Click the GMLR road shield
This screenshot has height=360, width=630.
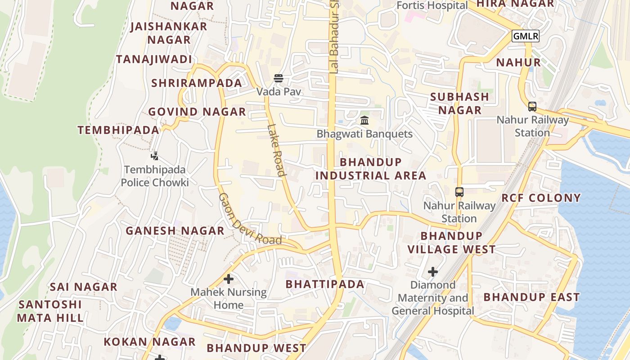pos(525,36)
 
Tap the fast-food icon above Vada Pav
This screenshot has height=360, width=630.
pos(279,78)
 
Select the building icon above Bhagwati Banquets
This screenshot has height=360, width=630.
pos(364,120)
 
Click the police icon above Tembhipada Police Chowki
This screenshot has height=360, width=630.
pos(155,156)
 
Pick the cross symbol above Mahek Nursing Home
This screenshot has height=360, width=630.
pos(229,279)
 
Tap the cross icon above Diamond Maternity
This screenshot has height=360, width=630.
pos(433,272)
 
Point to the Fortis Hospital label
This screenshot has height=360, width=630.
pos(432,5)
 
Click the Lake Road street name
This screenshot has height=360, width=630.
pos(276,150)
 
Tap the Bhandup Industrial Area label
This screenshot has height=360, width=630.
pos(371,169)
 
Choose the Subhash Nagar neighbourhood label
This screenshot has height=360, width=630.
pos(459,103)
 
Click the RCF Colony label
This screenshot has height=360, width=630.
pos(541,198)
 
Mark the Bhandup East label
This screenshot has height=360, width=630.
pos(531,297)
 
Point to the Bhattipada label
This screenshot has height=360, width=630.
pos(325,284)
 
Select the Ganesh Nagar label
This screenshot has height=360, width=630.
pos(175,231)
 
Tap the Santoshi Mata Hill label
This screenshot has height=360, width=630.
pos(50,311)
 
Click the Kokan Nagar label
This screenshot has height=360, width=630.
pos(149,342)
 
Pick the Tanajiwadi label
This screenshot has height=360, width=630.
pos(154,59)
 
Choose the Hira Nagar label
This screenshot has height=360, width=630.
pos(515,4)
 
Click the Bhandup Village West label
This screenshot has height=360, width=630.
pos(451,243)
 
